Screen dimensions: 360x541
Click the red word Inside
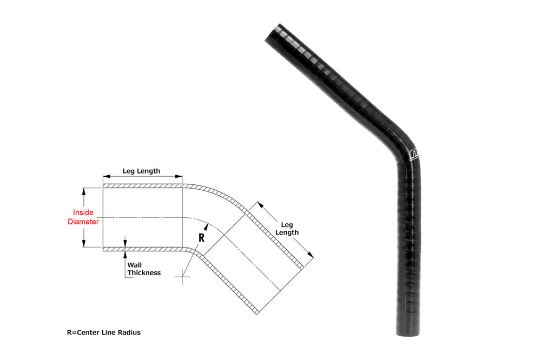click(83, 212)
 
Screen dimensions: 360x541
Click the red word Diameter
click(83, 222)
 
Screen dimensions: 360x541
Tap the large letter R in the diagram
click(201, 237)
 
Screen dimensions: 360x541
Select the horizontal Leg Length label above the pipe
click(141, 171)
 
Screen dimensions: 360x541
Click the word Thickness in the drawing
click(144, 273)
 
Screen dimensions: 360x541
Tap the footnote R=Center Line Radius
click(100, 332)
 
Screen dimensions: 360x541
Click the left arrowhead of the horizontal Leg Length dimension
click(105, 177)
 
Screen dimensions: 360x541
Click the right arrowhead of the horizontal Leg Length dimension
click(180, 177)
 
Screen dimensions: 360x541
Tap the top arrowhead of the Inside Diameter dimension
click(83, 190)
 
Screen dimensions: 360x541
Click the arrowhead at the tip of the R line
click(208, 225)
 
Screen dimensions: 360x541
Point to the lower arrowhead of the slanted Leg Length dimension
click(311, 255)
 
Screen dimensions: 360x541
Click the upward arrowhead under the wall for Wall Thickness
click(125, 253)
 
